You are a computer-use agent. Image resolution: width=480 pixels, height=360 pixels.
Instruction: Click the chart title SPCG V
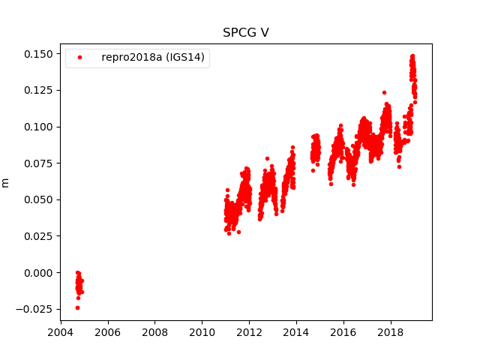[x=245, y=33]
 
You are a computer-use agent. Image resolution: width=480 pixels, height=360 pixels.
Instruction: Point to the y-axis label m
[x=6, y=182]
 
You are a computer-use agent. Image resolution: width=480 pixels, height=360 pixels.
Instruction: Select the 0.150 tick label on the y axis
[x=38, y=54]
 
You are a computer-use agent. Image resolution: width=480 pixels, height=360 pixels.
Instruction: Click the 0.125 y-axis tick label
[x=38, y=91]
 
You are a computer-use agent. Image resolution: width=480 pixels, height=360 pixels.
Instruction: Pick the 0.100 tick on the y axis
[x=38, y=127]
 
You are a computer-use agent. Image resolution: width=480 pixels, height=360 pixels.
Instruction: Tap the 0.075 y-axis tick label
[x=38, y=163]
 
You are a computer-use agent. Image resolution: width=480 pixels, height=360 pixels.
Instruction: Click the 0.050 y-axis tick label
[x=38, y=200]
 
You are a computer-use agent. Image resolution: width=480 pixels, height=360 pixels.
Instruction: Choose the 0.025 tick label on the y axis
[x=38, y=236]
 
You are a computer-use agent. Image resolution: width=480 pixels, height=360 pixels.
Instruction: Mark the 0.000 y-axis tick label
[x=38, y=273]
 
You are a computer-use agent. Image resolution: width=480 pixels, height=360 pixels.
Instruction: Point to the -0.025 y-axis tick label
[x=36, y=309]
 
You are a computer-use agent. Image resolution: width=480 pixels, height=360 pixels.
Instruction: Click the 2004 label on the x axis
[x=60, y=332]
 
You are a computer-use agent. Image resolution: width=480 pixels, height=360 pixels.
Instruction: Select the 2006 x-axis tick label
[x=107, y=332]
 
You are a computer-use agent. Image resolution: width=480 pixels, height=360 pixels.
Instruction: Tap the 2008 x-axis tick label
[x=154, y=332]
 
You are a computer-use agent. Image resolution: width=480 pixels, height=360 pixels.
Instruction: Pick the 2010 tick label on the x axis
[x=202, y=332]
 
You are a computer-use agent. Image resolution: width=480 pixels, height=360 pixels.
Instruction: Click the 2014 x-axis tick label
[x=296, y=332]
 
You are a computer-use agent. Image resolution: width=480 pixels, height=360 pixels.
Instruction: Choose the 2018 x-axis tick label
[x=391, y=332]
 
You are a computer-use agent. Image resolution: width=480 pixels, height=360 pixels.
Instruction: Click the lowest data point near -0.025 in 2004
[x=77, y=307]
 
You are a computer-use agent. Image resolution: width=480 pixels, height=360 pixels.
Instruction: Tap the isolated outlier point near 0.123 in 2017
[x=384, y=93]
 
